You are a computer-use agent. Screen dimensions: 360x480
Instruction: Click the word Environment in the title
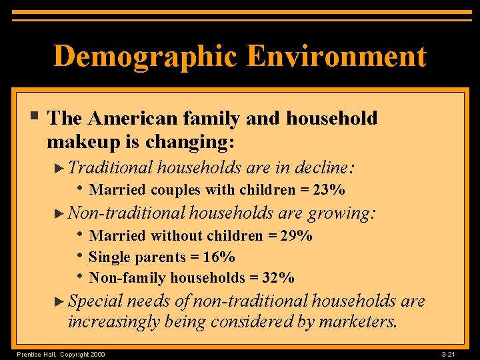(x=337, y=56)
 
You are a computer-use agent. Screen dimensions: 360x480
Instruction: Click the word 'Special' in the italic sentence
(x=95, y=301)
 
